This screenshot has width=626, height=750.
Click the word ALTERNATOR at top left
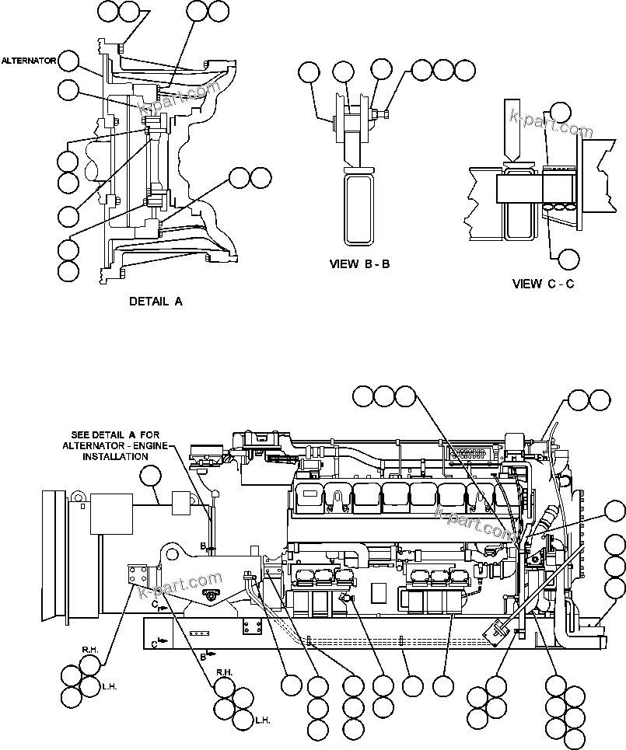tap(28, 60)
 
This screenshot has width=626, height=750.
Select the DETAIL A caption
tap(156, 302)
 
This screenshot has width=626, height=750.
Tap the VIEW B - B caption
tap(359, 264)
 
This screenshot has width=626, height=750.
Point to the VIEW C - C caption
tap(544, 284)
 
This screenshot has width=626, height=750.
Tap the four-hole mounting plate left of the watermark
tap(140, 580)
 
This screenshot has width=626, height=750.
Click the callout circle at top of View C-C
tap(561, 110)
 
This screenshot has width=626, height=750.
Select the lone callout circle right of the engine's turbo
tap(615, 511)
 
